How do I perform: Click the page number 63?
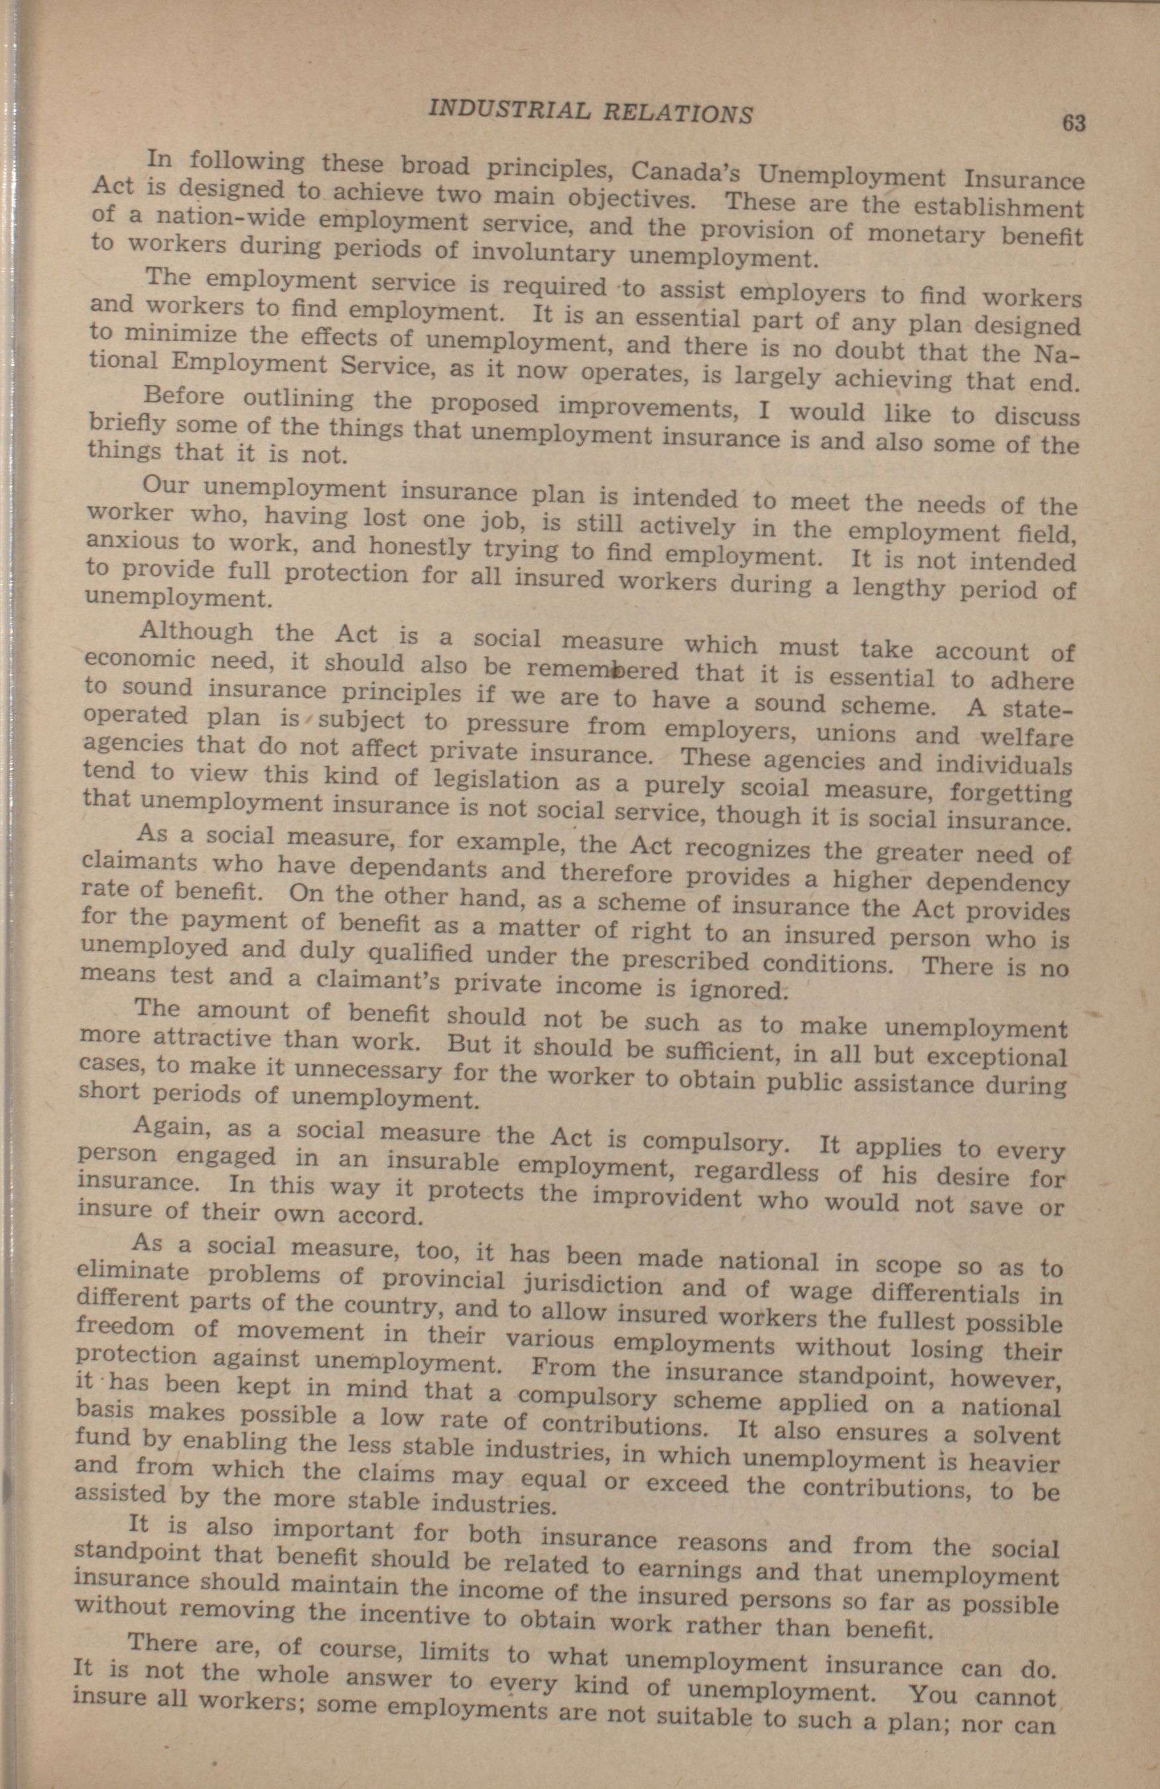point(1074,123)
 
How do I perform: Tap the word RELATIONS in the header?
point(678,113)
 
